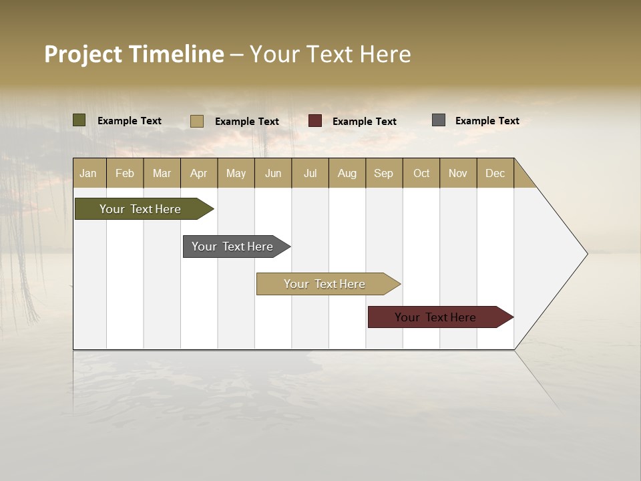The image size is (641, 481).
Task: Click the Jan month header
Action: pyautogui.click(x=88, y=173)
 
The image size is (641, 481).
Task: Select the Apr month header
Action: pyautogui.click(x=198, y=173)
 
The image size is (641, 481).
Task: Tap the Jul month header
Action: pyautogui.click(x=310, y=173)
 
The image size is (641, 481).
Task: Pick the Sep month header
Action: pyautogui.click(x=383, y=173)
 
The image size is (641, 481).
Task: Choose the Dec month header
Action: pyautogui.click(x=495, y=173)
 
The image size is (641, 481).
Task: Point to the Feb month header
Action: pyautogui.click(x=125, y=173)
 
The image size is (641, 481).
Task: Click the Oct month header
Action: pyautogui.click(x=421, y=173)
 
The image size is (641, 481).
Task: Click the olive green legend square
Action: pyautogui.click(x=79, y=120)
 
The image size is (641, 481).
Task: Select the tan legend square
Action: pyautogui.click(x=197, y=121)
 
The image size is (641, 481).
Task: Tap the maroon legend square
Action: pyautogui.click(x=315, y=121)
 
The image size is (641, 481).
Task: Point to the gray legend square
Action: pyautogui.click(x=439, y=120)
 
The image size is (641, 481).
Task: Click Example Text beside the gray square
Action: pyautogui.click(x=487, y=121)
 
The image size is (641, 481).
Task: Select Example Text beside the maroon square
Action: pyautogui.click(x=364, y=122)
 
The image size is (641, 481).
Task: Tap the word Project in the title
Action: pyautogui.click(x=83, y=55)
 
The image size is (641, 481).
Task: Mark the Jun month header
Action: pyautogui.click(x=273, y=173)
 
